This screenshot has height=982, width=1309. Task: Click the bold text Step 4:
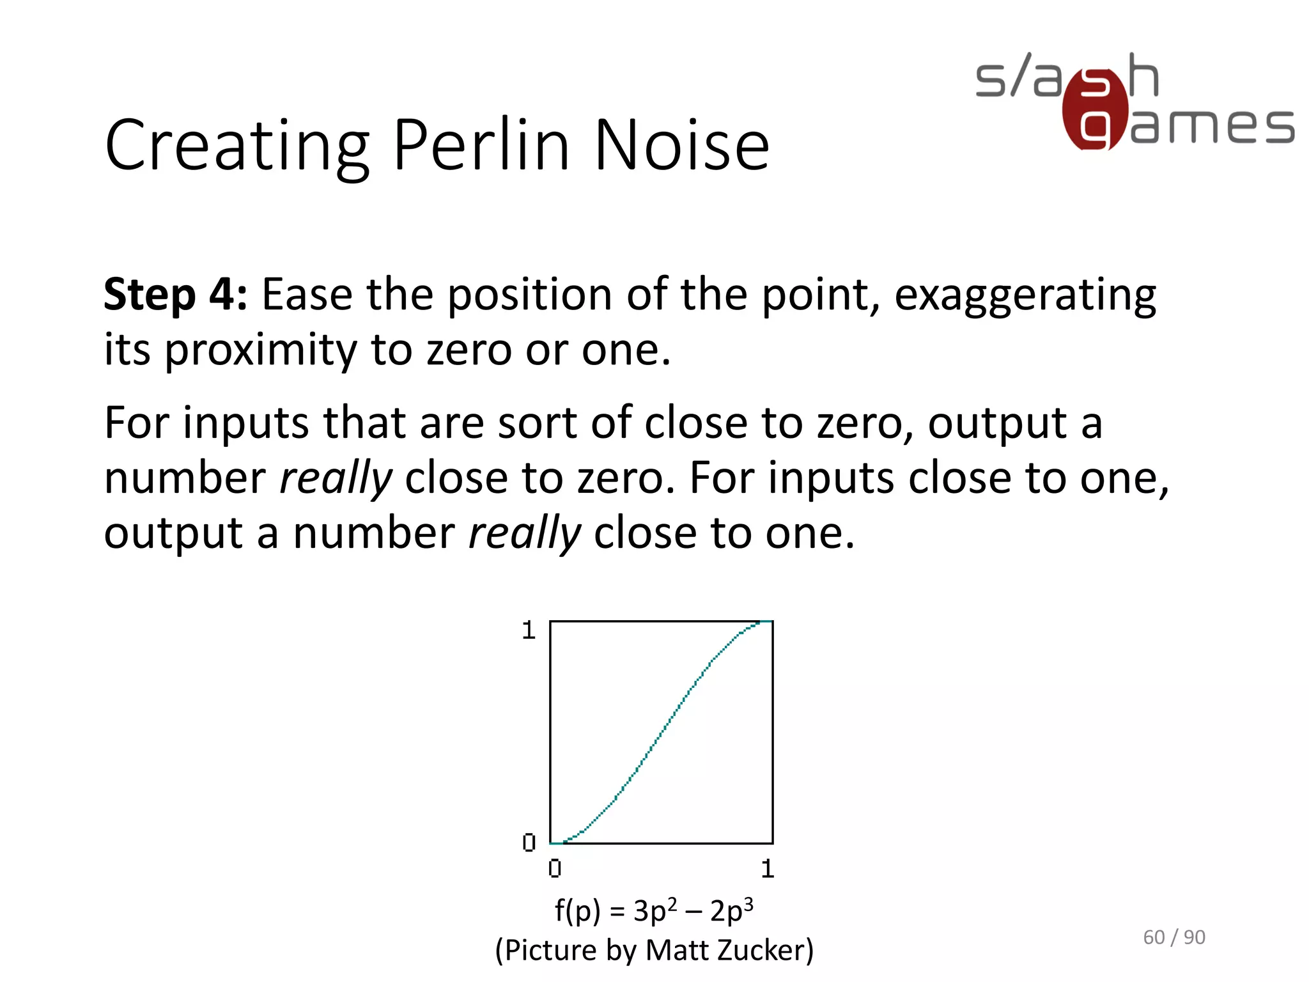point(175,295)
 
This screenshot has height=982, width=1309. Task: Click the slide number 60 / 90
point(1173,937)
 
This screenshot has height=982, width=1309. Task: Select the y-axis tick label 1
point(528,630)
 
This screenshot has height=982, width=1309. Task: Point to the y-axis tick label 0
point(529,843)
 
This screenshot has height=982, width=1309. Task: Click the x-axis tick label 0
point(555,869)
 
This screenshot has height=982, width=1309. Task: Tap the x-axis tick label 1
point(768,869)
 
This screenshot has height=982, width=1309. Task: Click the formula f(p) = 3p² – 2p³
point(654,910)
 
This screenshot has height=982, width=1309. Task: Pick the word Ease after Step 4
point(307,295)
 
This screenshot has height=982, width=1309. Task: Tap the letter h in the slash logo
point(1143,75)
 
